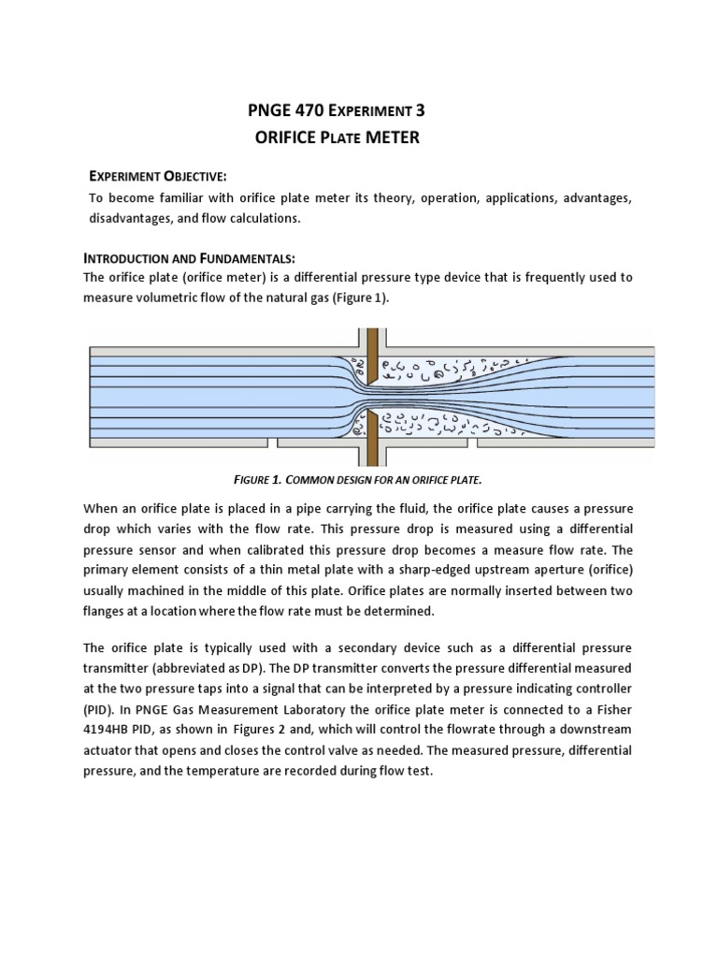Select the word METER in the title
[x=392, y=138]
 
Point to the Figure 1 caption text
[x=358, y=479]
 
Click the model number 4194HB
[x=111, y=731]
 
